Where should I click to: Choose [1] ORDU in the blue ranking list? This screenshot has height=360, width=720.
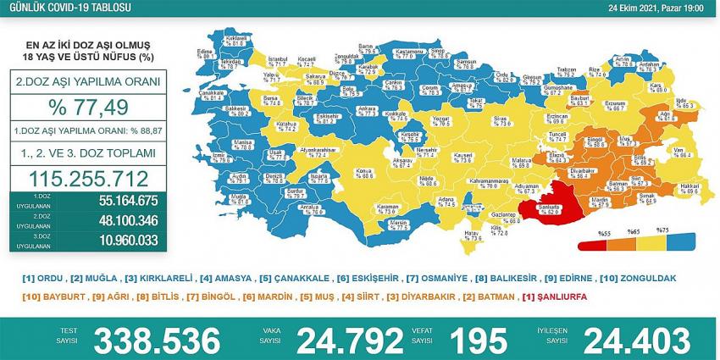[44, 279]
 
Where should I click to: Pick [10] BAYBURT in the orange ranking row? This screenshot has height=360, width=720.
[48, 296]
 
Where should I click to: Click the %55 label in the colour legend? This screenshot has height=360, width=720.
[604, 231]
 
